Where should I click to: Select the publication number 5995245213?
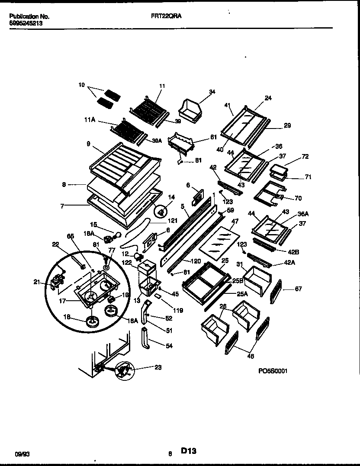coord(26,24)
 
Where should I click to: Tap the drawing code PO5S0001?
coord(273,371)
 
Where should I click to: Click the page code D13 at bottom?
coord(189,451)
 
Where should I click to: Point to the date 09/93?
coord(20,453)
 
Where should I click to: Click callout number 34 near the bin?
coord(212,92)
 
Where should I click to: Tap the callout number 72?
coord(305,156)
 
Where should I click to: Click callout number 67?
coord(298,289)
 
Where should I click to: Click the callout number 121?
coord(172,221)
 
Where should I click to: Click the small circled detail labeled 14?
coord(161,211)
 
